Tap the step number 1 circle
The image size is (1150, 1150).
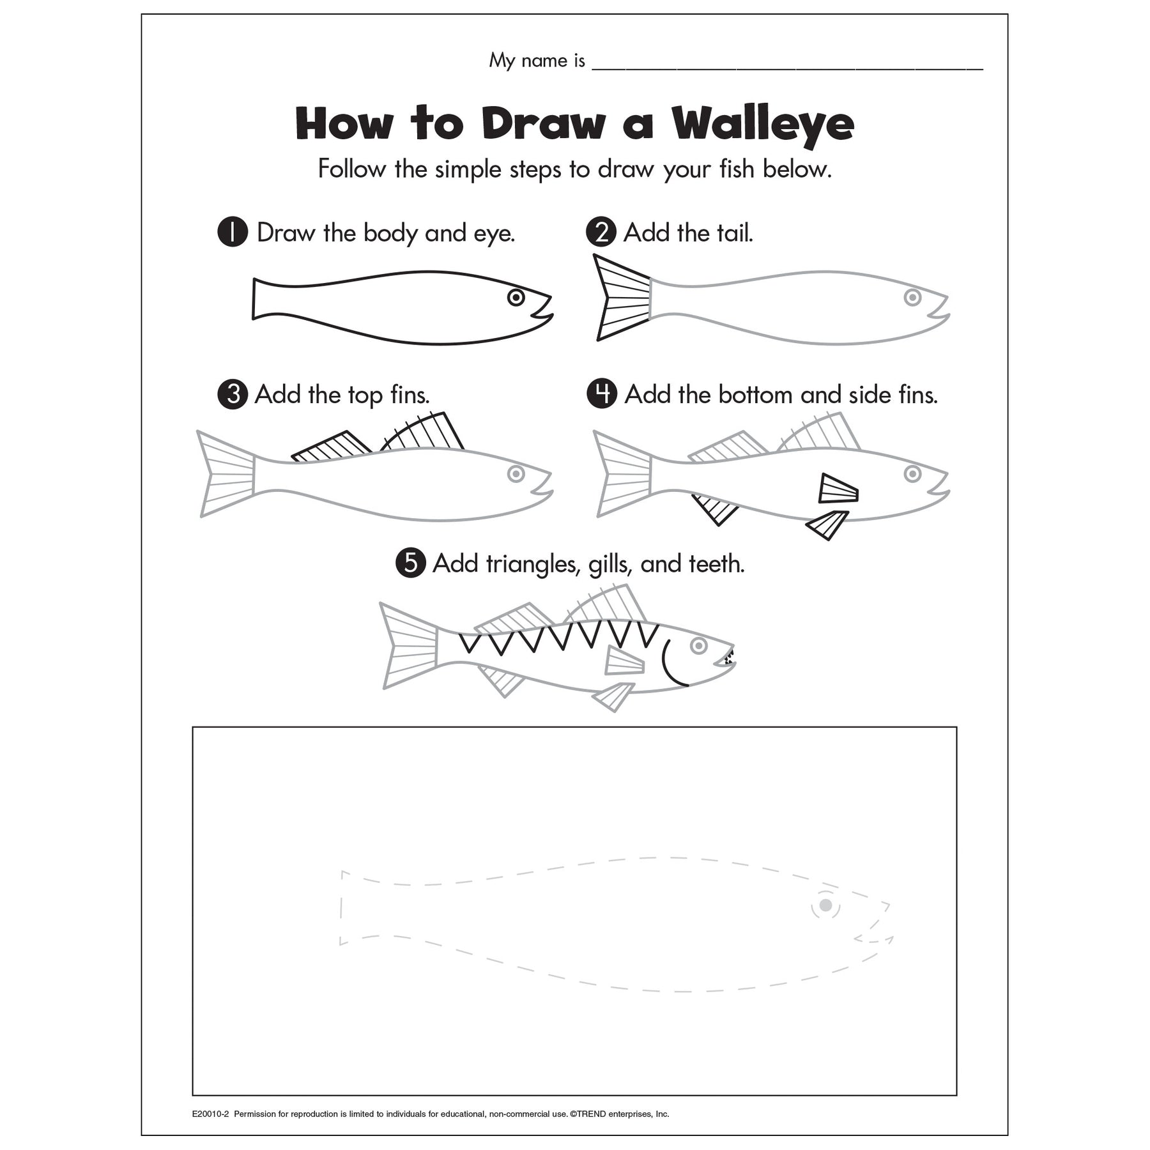(233, 233)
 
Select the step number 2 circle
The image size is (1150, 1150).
(601, 233)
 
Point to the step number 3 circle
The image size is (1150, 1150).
(233, 394)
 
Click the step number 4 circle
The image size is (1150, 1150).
(602, 394)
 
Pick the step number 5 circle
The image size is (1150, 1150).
(411, 563)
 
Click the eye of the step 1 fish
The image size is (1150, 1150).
(516, 297)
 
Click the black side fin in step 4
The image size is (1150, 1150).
(838, 489)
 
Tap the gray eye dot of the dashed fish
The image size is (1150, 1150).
(825, 905)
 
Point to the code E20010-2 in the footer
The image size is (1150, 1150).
(210, 1114)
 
